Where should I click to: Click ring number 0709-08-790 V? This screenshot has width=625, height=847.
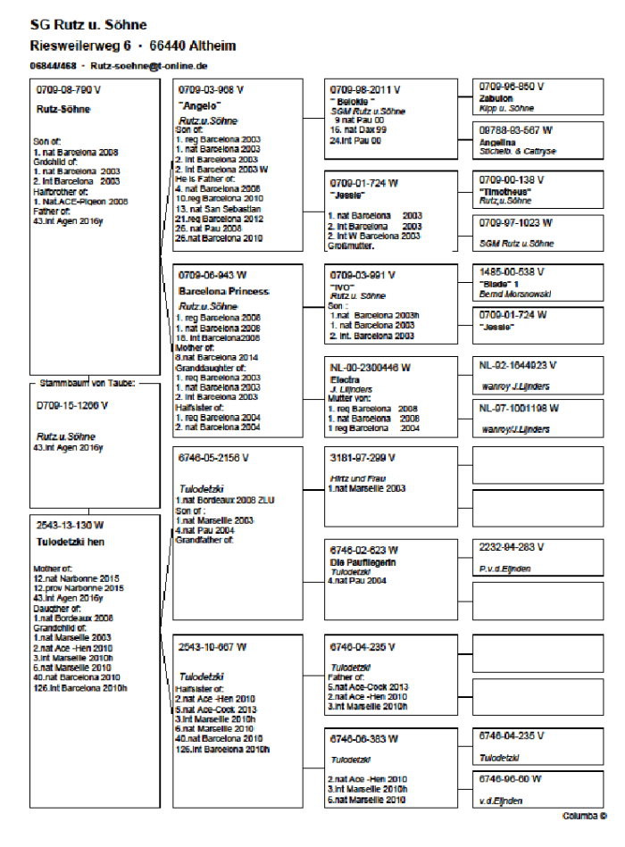[x=70, y=90]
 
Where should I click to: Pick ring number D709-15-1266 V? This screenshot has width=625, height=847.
[x=71, y=405]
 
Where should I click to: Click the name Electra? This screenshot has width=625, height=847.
[x=345, y=378]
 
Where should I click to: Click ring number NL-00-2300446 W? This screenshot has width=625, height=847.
[x=370, y=367]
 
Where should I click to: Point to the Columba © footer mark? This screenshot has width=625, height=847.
[x=584, y=816]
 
